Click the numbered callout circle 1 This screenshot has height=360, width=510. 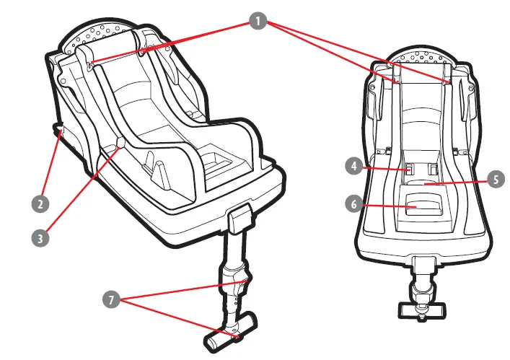258,21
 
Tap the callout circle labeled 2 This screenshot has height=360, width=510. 42,203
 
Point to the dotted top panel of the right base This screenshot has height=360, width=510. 421,57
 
